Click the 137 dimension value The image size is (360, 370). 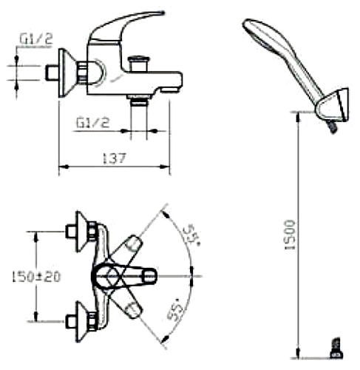[114, 158]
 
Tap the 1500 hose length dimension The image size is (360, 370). [290, 235]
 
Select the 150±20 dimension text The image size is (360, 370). [36, 277]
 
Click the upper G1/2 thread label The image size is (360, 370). [36, 39]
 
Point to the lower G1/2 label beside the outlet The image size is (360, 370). [92, 123]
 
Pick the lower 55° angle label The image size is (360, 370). [175, 312]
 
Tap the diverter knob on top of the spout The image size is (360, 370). [138, 64]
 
